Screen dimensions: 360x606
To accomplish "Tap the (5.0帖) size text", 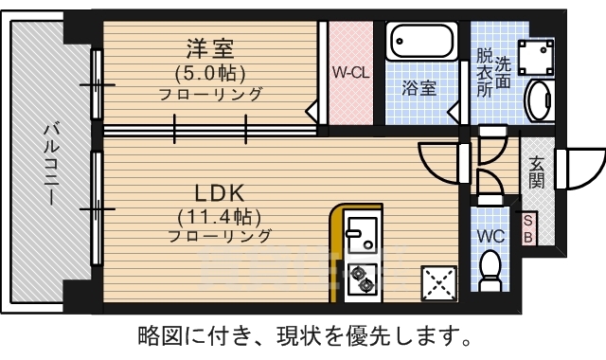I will (209, 72).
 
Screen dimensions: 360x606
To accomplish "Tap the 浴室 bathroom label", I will (419, 88).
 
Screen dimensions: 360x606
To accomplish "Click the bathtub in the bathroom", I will (422, 44).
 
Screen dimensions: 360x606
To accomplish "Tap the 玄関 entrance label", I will (537, 171).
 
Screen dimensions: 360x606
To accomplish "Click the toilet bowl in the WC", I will (490, 270).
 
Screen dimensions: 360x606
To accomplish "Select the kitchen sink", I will (361, 234).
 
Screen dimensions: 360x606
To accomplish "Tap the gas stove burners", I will (361, 278).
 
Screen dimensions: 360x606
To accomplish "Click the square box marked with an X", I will (437, 282).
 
